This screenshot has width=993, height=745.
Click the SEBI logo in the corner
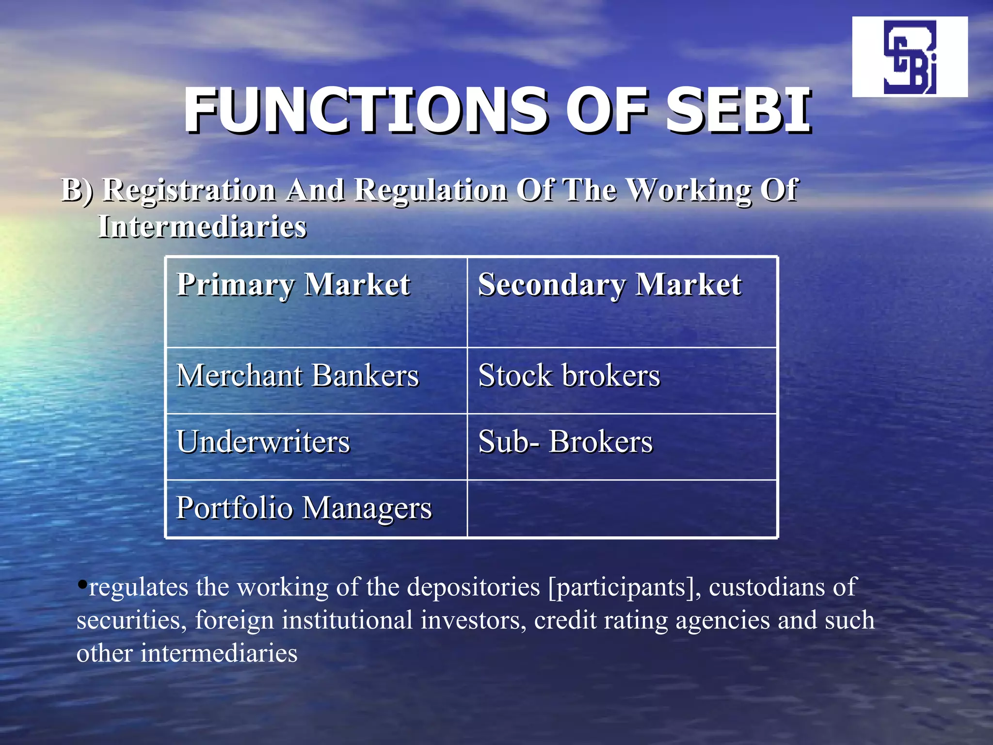(x=910, y=57)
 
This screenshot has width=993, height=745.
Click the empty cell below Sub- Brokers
(x=622, y=508)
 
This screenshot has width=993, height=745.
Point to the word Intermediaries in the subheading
(x=202, y=227)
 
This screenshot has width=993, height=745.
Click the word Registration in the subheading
(x=189, y=190)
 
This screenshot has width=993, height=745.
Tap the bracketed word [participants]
(x=625, y=588)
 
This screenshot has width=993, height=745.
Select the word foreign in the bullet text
(x=234, y=620)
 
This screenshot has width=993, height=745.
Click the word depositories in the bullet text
(x=473, y=588)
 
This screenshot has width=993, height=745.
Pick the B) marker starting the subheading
(x=77, y=190)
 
